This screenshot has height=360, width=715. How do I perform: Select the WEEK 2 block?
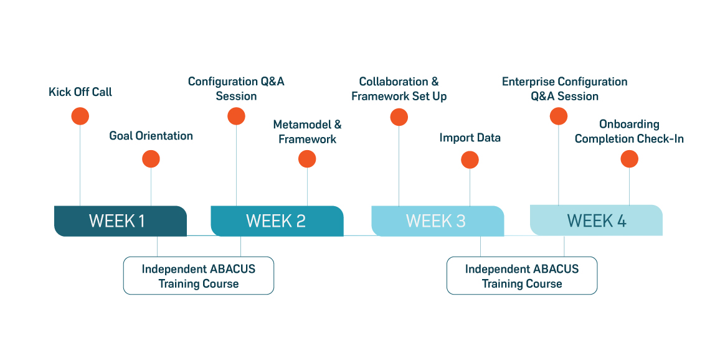click(x=277, y=221)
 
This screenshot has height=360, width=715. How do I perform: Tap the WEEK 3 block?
click(x=437, y=221)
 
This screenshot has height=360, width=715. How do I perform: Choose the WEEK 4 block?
click(x=596, y=220)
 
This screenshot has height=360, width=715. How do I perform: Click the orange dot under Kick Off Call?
click(x=80, y=116)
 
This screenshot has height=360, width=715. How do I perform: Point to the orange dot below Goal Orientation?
click(x=151, y=159)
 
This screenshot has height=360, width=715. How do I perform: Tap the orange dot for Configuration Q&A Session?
click(x=236, y=116)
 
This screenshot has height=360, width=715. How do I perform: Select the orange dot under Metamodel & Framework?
click(x=307, y=159)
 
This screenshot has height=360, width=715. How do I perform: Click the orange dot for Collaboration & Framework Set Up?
click(x=399, y=116)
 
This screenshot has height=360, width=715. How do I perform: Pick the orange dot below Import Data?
click(x=470, y=160)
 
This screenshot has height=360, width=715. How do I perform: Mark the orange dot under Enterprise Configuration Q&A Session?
click(x=559, y=116)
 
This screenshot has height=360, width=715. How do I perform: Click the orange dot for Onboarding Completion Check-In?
click(x=629, y=159)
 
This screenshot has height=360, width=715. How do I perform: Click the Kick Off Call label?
click(x=80, y=92)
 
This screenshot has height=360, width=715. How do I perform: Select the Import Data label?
click(x=470, y=138)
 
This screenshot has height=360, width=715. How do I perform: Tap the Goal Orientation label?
click(x=151, y=136)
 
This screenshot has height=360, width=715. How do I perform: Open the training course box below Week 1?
click(x=198, y=276)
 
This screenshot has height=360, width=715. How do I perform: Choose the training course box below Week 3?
click(x=521, y=276)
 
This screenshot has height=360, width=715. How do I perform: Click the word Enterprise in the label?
click(x=528, y=82)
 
